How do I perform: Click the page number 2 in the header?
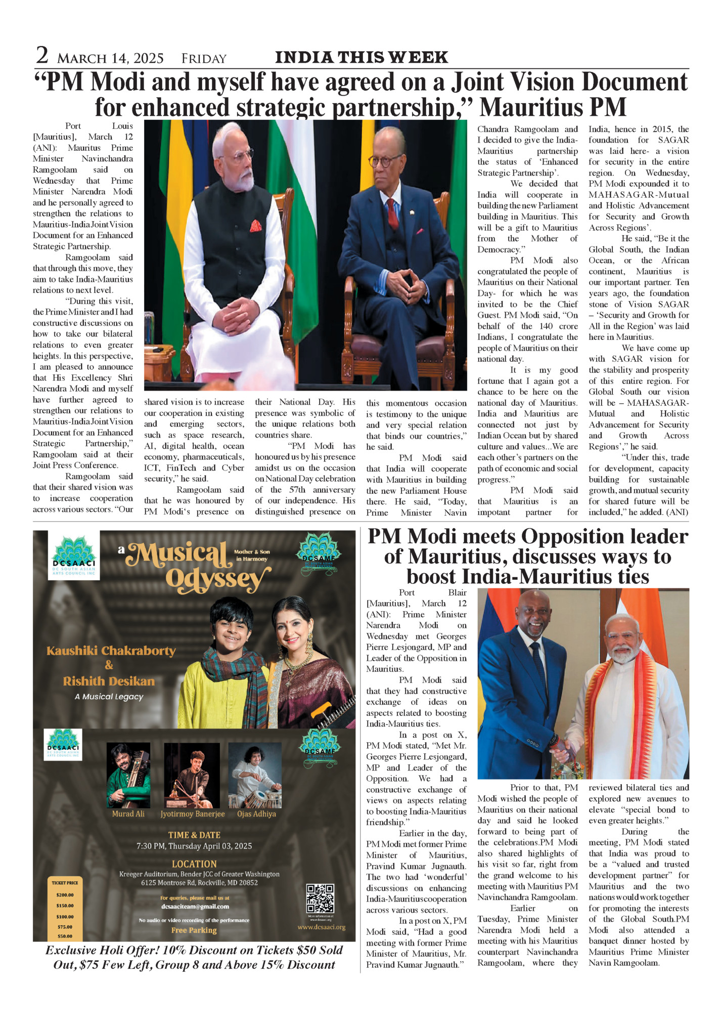[42, 55]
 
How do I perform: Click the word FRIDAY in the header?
[204, 59]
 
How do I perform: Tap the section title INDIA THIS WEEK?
[361, 57]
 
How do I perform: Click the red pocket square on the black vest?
[256, 226]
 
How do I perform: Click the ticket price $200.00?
[65, 894]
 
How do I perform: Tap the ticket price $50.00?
[65, 936]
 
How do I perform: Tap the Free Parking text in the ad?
[194, 930]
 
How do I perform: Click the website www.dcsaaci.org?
[321, 927]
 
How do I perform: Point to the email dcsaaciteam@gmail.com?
[195, 906]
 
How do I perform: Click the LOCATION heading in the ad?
[194, 864]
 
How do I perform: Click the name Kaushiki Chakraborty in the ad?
[111, 651]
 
